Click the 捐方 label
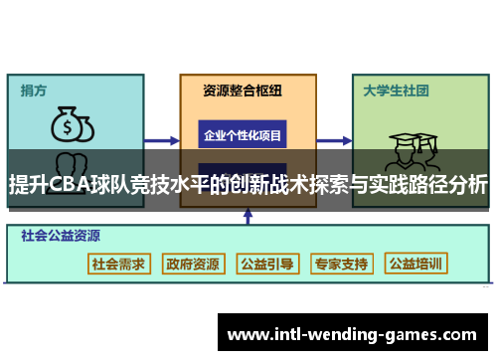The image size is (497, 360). click(34, 90)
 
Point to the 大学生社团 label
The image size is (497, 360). click(395, 90)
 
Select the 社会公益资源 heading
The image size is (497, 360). click(61, 237)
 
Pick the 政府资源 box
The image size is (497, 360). click(193, 264)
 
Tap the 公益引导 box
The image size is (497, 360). click(267, 264)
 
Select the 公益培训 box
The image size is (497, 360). click(417, 264)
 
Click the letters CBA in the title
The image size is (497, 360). click(65, 184)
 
